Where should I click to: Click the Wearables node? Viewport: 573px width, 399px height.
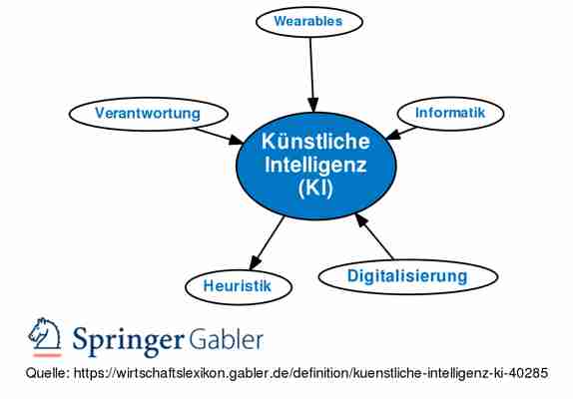tap(309, 21)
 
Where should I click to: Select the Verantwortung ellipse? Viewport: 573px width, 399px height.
tap(149, 114)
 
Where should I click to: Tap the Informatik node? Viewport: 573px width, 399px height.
tap(450, 113)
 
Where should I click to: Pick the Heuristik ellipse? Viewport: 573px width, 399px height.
tap(239, 286)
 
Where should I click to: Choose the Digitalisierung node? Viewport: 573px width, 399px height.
tap(408, 276)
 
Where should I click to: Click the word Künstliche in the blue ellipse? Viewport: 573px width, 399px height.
tap(315, 142)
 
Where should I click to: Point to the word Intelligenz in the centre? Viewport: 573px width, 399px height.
tap(315, 165)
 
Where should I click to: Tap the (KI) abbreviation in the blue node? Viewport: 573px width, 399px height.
tap(315, 189)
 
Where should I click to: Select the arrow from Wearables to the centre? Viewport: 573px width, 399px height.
tap(311, 74)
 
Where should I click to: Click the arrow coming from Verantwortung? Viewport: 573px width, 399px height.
tap(219, 137)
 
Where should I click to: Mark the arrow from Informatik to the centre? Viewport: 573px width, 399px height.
tap(401, 133)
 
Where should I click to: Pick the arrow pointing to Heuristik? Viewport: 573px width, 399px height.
tap(267, 242)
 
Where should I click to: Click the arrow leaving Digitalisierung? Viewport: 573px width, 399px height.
tap(374, 236)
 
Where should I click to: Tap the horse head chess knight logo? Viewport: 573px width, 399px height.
tap(45, 333)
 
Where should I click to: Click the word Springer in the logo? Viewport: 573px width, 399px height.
tap(128, 340)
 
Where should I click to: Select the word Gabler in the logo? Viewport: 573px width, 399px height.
tap(226, 340)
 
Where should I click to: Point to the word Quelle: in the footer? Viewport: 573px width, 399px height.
tap(48, 373)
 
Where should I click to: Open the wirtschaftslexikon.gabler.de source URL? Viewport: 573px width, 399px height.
tap(311, 373)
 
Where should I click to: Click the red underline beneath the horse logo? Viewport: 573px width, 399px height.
tap(47, 355)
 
